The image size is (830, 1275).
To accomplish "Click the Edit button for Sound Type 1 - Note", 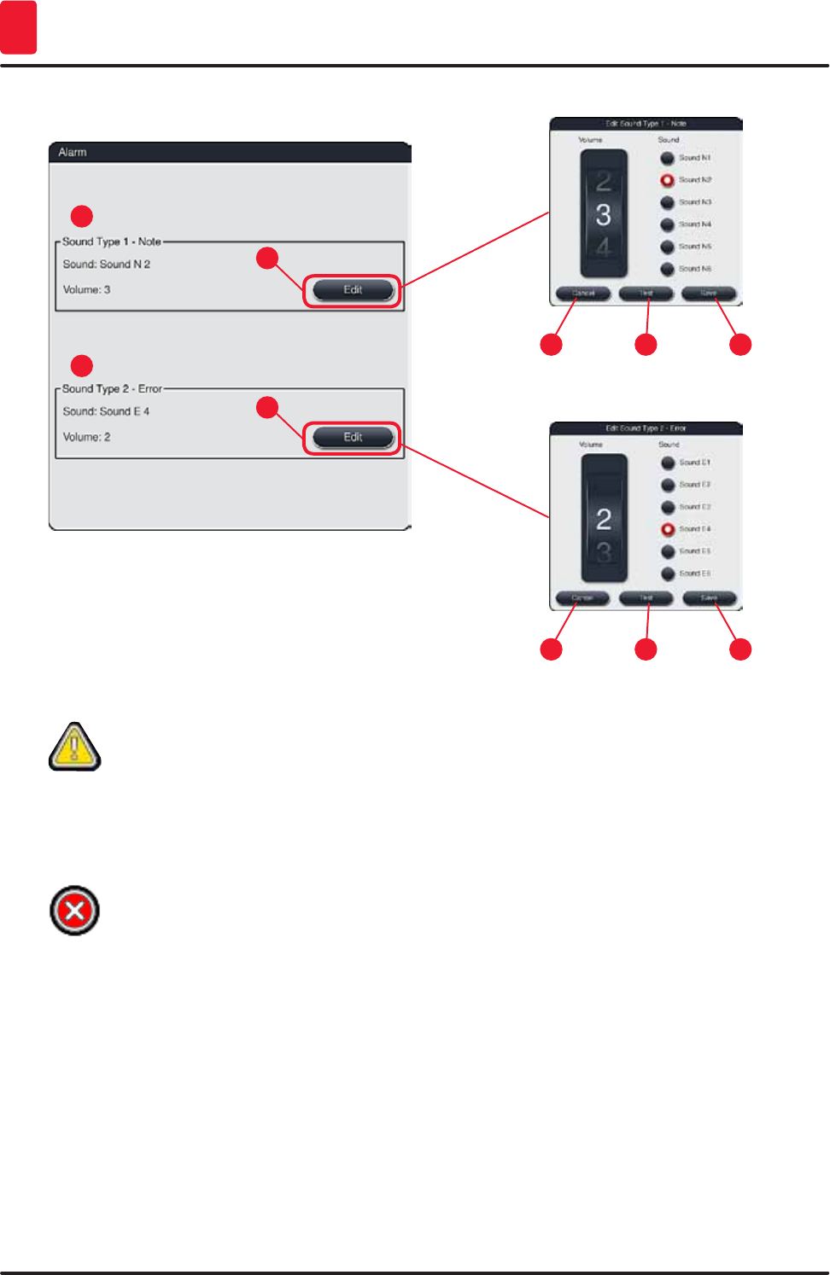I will (x=353, y=290).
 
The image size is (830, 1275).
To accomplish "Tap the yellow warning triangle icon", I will (x=75, y=747).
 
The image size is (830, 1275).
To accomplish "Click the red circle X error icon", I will (x=75, y=911).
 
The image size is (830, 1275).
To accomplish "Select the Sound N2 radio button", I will (x=668, y=180).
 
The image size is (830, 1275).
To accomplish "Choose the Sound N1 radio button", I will (x=668, y=158).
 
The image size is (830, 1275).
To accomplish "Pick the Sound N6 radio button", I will (x=668, y=269).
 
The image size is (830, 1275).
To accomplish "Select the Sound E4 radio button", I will (x=668, y=529).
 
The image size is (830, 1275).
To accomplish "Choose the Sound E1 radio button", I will (x=668, y=463).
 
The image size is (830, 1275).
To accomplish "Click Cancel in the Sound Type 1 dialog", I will (x=583, y=294).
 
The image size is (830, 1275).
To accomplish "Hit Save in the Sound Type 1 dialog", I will (x=709, y=294).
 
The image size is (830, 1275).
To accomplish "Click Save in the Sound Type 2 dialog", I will (x=710, y=598).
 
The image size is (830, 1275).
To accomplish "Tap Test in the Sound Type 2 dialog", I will (x=646, y=598).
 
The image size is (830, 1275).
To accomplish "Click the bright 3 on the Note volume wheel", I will (x=604, y=215).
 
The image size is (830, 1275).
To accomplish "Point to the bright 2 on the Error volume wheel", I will (x=604, y=519).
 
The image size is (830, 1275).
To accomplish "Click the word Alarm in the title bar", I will (x=73, y=152).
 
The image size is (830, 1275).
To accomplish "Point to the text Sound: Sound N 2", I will (x=106, y=265).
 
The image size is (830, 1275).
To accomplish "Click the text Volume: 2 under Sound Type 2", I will (x=86, y=437).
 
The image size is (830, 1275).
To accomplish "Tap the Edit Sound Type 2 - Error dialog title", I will (x=646, y=428).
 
